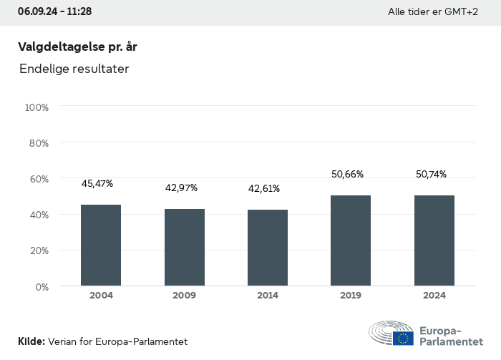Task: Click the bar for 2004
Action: pos(101,245)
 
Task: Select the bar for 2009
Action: pos(185,248)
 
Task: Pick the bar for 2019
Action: pos(351,240)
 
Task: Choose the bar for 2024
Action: pos(434,240)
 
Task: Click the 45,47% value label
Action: pos(97,184)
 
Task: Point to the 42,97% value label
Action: pos(182,188)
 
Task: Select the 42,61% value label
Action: pos(264,189)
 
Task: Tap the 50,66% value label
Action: pos(348,174)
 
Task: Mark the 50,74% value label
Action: pos(432,174)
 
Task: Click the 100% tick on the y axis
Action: pos(37,107)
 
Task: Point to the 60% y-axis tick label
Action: pos(38,179)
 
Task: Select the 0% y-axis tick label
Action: pos(42,287)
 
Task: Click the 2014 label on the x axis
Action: pos(268,296)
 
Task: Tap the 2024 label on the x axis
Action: pos(434,296)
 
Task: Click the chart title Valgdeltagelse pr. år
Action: pos(77,47)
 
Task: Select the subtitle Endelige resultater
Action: pos(74,69)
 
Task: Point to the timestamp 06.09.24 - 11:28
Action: pos(54,12)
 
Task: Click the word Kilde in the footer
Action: pos(31,342)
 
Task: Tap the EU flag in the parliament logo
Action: pos(403,338)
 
